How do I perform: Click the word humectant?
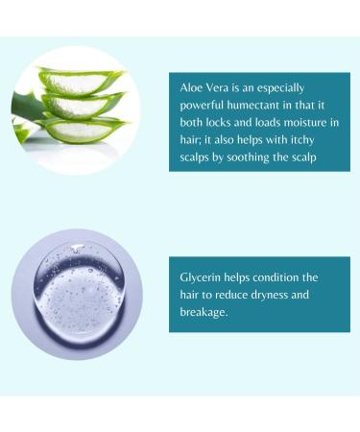[x=267, y=106]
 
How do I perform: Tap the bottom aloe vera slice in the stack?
[x=82, y=129]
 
